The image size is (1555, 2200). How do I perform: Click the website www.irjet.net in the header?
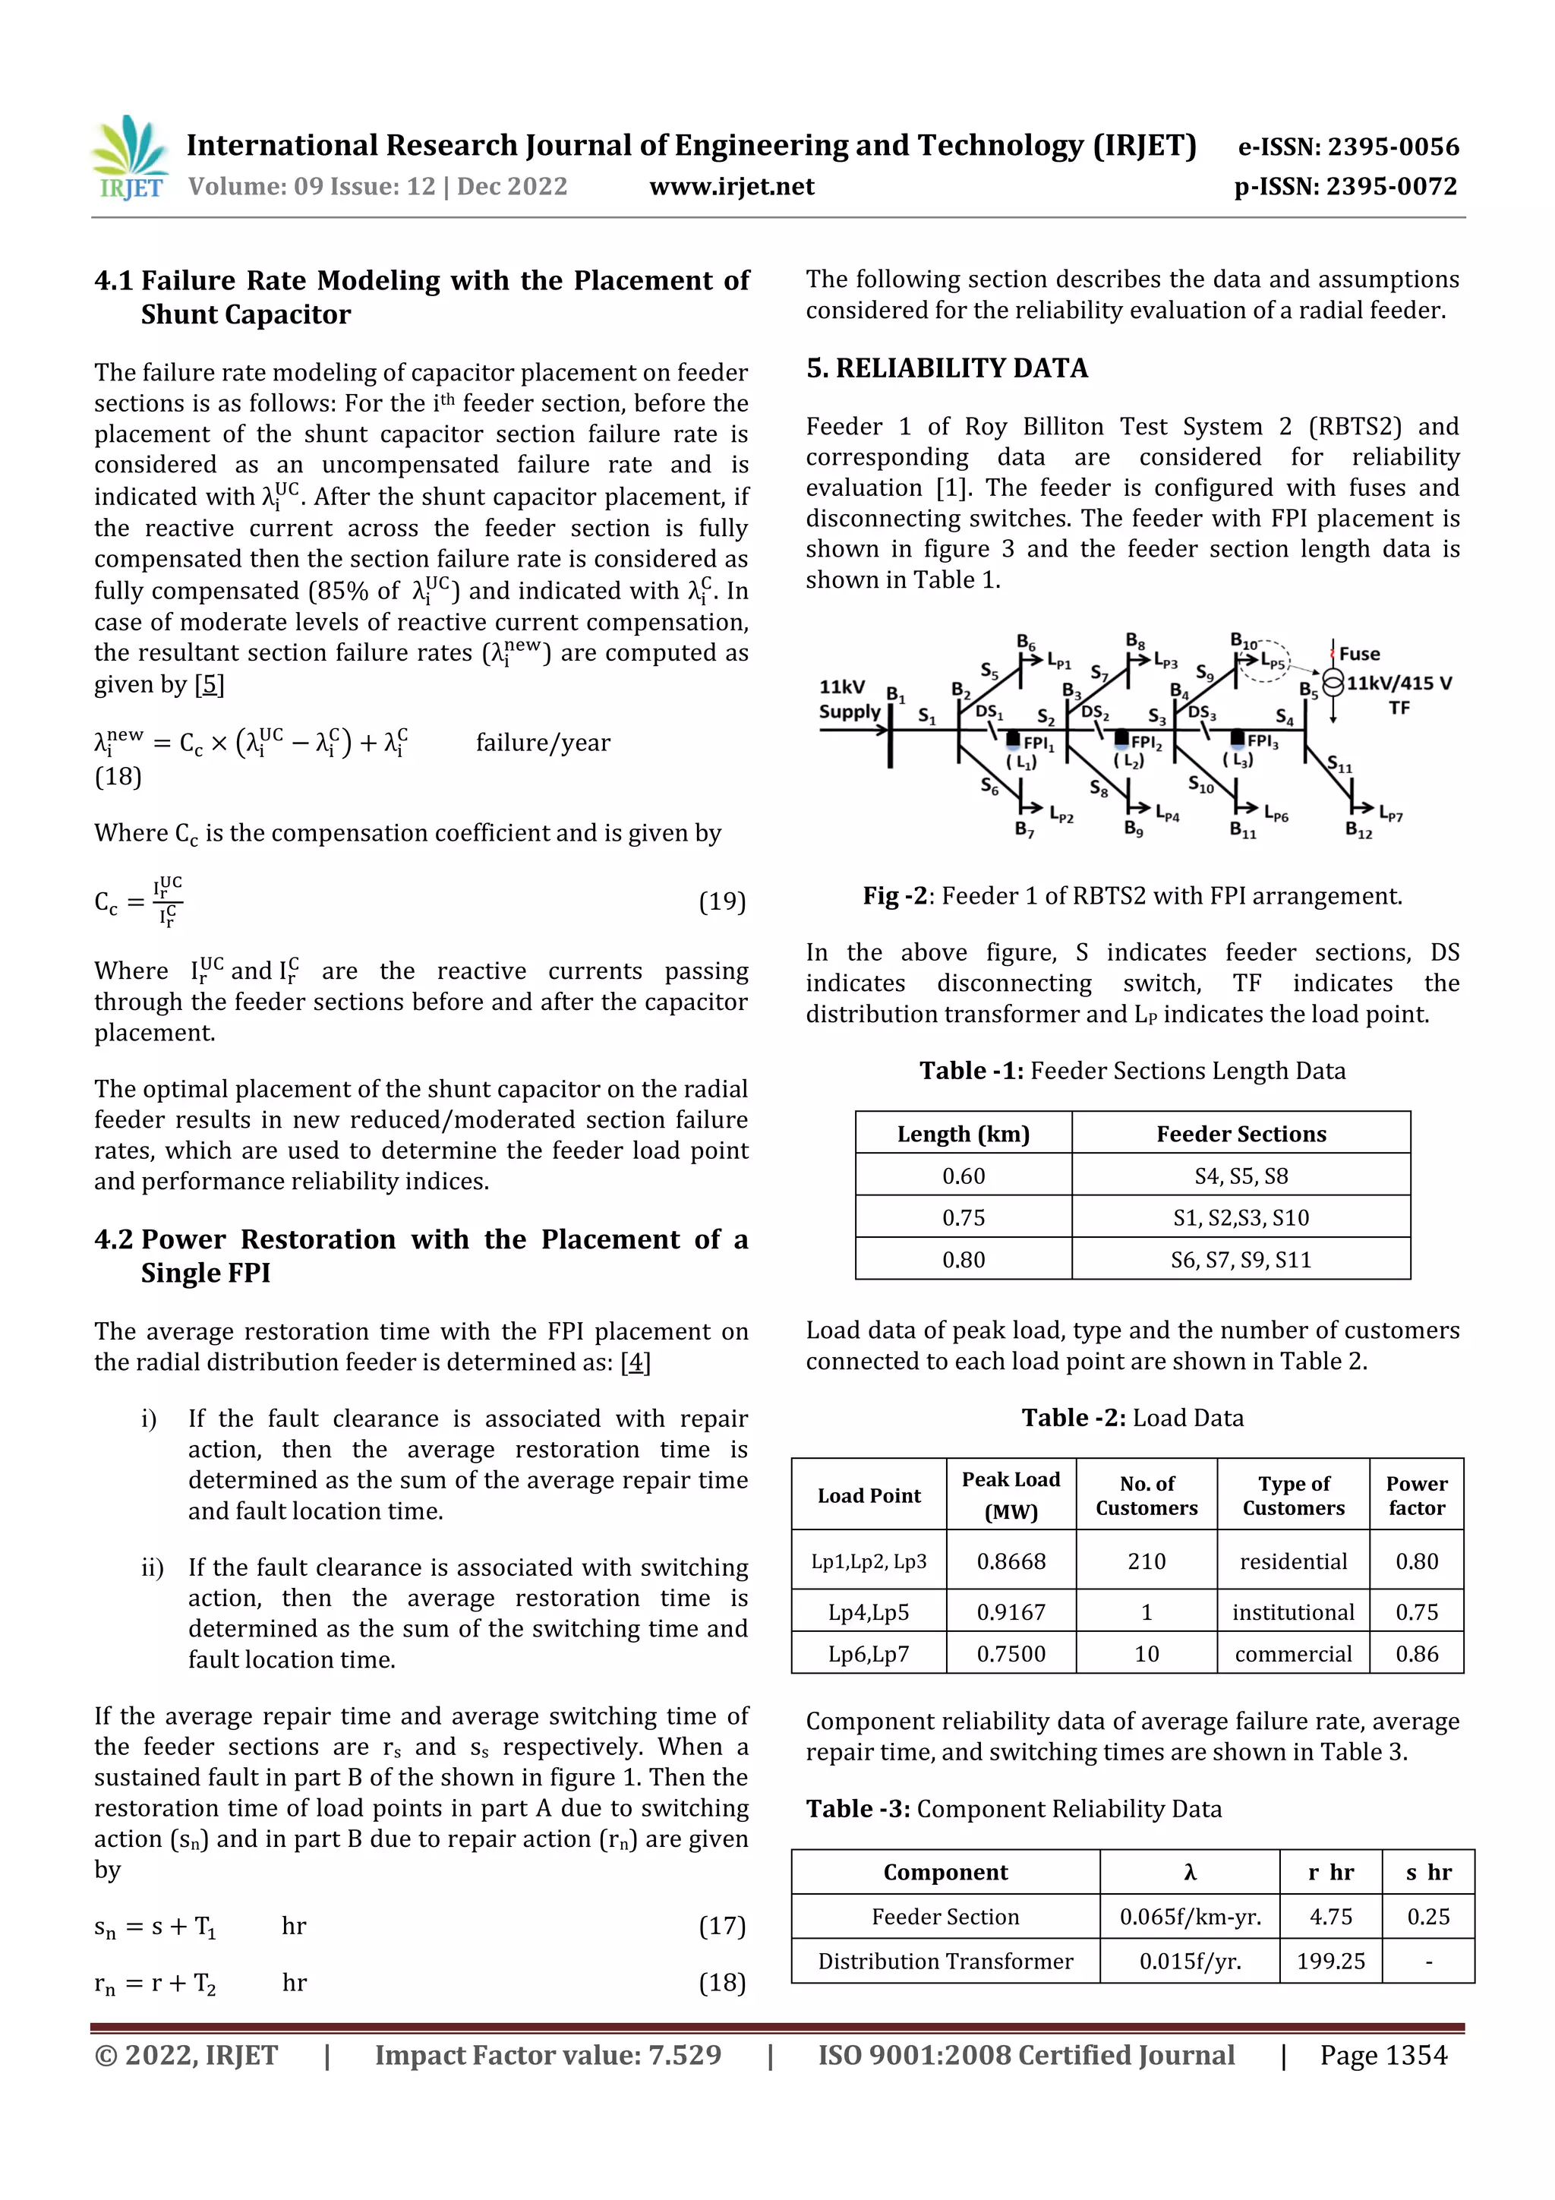731,186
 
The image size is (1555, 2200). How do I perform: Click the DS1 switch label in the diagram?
989,712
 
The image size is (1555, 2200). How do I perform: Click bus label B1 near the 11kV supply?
895,694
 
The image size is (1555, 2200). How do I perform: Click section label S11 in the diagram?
1339,764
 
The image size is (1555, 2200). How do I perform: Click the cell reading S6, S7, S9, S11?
1240,1259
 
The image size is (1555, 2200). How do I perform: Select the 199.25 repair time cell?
1329,1961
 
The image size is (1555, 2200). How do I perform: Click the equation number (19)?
721,901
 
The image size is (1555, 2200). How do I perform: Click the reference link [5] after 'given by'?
209,684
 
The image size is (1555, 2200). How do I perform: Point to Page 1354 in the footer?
1383,2055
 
